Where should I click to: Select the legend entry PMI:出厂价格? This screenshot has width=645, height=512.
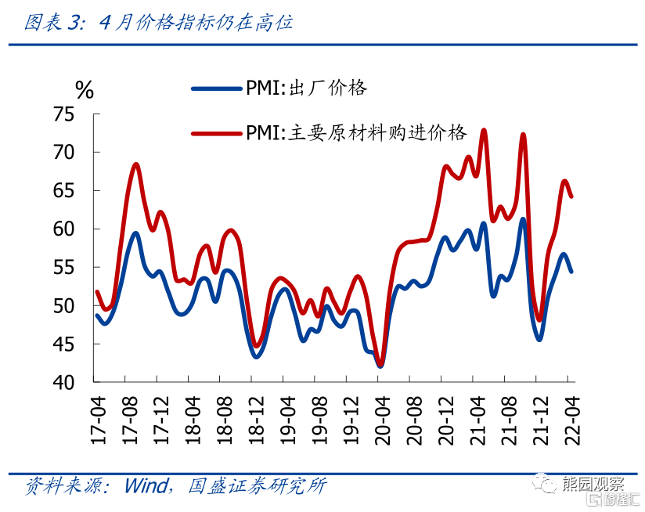point(306,87)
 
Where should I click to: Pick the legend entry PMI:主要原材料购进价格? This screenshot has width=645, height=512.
point(356,132)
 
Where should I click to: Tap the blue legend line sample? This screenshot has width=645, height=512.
point(215,88)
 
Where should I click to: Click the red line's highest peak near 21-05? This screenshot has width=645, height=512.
point(484,130)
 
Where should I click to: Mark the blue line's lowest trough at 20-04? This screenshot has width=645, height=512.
point(380,366)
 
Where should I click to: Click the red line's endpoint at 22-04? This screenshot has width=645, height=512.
point(571,197)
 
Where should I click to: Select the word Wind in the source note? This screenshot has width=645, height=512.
point(145,486)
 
